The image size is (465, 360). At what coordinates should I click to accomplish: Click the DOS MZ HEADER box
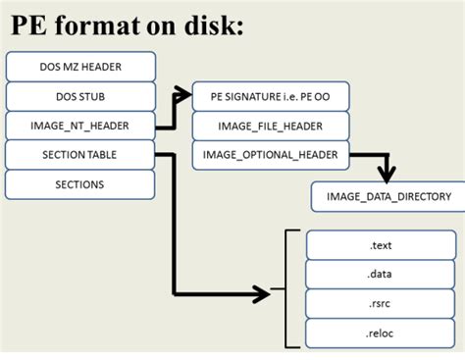(80, 67)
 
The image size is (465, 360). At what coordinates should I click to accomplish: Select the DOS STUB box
(80, 96)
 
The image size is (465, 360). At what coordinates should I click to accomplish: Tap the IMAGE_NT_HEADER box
(80, 126)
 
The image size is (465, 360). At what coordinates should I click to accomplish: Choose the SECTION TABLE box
(80, 155)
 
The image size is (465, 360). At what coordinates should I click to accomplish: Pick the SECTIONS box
(80, 184)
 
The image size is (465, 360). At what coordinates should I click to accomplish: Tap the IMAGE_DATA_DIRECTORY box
(383, 196)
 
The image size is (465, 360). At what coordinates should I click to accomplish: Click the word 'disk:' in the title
(200, 26)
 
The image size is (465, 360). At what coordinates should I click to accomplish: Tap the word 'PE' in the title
(28, 26)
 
